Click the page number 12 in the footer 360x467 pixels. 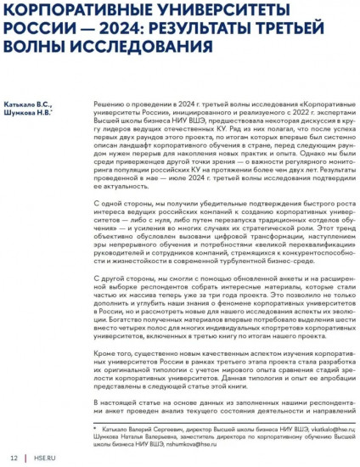[x=14, y=458]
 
